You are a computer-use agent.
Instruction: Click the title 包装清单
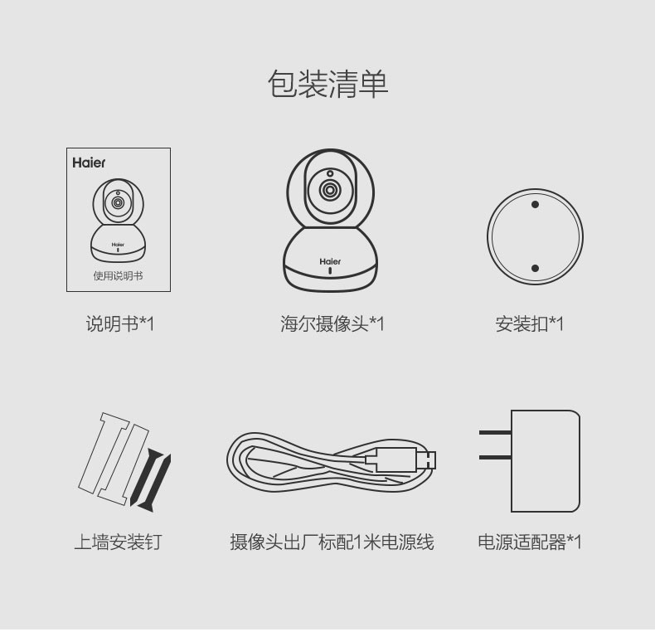328,84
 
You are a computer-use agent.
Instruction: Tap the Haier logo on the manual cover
89,163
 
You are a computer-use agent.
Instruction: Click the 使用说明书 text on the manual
119,276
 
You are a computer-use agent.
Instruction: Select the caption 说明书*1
120,324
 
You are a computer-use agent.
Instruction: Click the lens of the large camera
330,190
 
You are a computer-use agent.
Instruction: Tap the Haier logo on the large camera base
330,261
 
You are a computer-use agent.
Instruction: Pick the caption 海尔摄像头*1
332,324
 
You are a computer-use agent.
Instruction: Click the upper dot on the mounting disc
535,204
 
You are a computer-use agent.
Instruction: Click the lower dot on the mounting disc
535,269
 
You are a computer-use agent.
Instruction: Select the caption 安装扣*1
530,324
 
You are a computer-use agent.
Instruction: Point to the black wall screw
150,481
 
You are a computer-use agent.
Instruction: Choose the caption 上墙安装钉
119,542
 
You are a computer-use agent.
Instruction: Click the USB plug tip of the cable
426,460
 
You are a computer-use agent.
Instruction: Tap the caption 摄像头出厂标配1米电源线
332,542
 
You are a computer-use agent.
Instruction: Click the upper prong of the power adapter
495,433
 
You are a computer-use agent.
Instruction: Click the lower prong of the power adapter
495,458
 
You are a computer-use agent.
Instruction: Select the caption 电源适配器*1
530,542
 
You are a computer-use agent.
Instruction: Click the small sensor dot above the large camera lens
330,173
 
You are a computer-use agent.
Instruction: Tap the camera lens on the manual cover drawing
118,203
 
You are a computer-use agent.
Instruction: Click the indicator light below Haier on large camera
330,271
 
